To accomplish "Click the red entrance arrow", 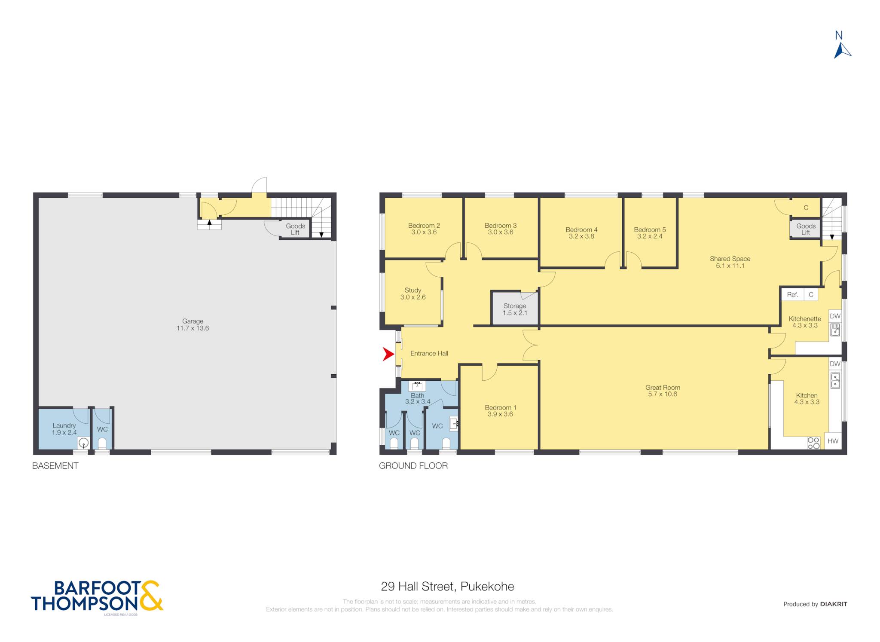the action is click(388, 355).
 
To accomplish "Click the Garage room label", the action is click(192, 321).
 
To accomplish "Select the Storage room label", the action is click(515, 306).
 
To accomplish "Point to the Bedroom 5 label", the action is click(650, 230).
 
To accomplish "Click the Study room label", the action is click(413, 290).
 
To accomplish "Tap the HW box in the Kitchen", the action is click(833, 441).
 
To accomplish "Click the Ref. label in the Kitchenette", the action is click(792, 295).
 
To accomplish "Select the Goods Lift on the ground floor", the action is click(806, 229).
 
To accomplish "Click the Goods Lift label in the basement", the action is click(295, 229).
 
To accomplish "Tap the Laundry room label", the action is click(64, 425).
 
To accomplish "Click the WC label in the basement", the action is click(102, 429).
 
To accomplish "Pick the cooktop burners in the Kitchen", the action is click(813, 443).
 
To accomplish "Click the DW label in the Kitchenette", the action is click(835, 316).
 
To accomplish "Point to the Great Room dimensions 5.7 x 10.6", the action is click(663, 394).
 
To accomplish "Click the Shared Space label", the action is click(730, 259).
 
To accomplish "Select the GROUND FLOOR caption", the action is click(413, 466).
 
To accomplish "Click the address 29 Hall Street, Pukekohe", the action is click(447, 587).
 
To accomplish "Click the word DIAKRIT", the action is click(834, 604).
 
